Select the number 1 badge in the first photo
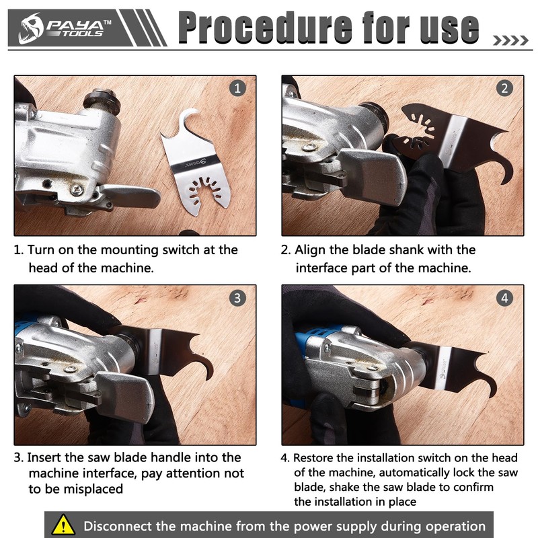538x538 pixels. coord(237,88)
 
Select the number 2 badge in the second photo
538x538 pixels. coord(505,88)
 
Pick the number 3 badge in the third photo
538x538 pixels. coord(237,298)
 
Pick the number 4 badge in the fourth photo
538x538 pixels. coord(505,298)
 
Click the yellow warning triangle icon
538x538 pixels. coord(63,525)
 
